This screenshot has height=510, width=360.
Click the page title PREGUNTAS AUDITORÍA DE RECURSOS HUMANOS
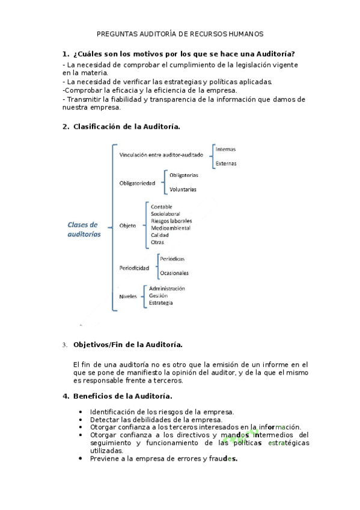(x=180, y=35)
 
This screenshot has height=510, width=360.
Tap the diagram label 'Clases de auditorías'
(x=84, y=230)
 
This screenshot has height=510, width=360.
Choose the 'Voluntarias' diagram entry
(x=183, y=189)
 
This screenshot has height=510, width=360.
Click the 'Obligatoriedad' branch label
(x=137, y=182)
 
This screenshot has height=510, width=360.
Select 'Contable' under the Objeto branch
(x=162, y=207)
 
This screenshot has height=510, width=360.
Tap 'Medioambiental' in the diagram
(x=171, y=228)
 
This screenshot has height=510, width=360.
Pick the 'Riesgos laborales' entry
(x=171, y=221)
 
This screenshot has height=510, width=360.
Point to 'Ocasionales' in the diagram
(x=174, y=272)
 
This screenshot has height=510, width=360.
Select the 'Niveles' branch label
(x=128, y=296)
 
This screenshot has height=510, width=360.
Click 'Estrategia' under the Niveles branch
(x=161, y=303)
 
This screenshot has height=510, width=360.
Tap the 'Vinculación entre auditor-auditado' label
(x=161, y=155)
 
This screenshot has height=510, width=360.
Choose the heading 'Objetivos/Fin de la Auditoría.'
(x=127, y=345)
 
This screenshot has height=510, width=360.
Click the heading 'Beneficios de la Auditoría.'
(x=123, y=396)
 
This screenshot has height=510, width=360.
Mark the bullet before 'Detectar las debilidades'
(x=81, y=419)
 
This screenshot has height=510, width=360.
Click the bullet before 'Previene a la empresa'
(x=81, y=458)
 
